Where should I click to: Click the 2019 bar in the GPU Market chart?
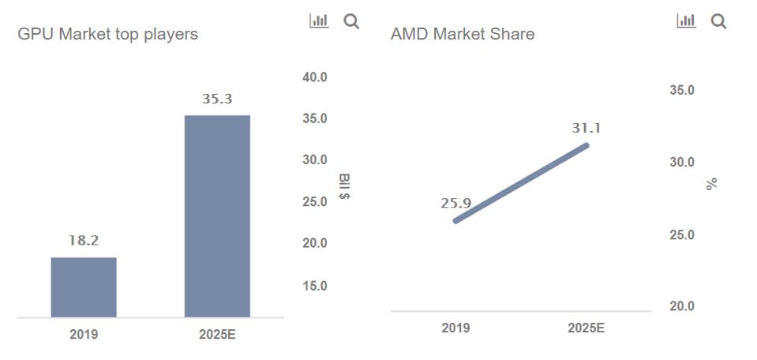(84, 287)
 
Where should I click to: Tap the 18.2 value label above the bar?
(83, 241)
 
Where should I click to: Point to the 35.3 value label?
(217, 99)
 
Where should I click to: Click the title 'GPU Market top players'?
(107, 35)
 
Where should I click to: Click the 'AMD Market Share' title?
(462, 35)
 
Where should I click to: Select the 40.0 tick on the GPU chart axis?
(313, 77)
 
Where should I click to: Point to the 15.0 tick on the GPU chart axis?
(313, 286)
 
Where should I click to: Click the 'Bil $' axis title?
(344, 186)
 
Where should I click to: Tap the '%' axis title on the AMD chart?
(712, 183)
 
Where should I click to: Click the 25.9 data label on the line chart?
(455, 204)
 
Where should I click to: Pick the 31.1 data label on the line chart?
(586, 128)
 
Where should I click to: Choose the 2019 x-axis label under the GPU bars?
(84, 335)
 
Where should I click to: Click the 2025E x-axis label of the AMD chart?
(586, 328)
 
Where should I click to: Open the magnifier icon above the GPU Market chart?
(351, 22)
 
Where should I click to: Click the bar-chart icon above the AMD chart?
(685, 21)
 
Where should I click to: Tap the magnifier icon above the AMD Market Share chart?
(718, 22)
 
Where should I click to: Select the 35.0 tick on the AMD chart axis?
(682, 91)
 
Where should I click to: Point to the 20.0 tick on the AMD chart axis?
(682, 306)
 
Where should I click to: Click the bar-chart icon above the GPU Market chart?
(318, 21)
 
